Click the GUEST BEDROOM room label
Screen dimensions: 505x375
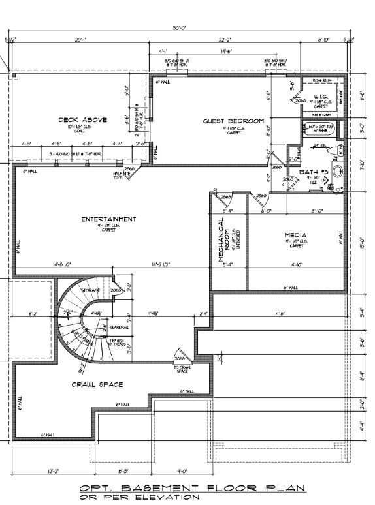233,121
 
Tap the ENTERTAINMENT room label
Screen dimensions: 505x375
109,219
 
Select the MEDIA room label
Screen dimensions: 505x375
295,235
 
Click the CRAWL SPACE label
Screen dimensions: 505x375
97,385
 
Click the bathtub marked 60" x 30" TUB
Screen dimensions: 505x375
320,130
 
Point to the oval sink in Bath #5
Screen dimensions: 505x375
338,172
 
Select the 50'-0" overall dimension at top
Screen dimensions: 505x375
180,28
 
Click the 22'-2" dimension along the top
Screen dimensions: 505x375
227,40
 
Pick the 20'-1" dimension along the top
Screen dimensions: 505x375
81,40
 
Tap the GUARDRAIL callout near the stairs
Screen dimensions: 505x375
119,326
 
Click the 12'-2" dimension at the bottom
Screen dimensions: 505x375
54,471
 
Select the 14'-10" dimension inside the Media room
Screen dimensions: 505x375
295,265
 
